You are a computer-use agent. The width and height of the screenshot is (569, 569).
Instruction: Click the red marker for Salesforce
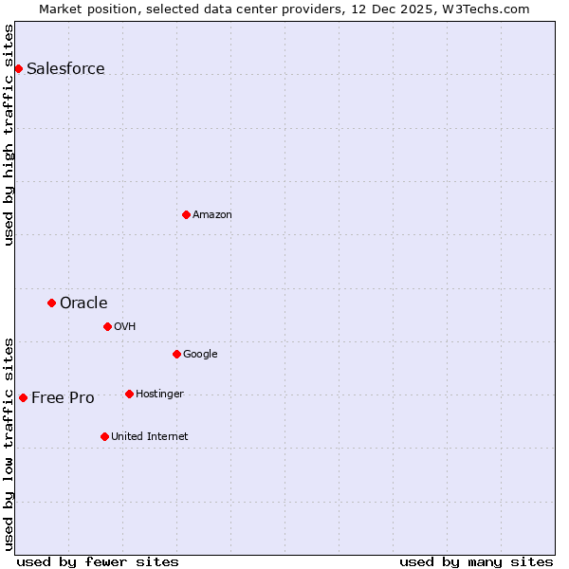point(18,68)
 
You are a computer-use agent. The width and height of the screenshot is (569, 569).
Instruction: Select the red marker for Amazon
point(186,214)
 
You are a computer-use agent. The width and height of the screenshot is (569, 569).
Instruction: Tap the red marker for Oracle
point(52,303)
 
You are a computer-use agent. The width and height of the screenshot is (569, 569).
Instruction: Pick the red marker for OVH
point(107,326)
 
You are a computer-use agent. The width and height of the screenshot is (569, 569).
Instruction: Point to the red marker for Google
point(176,354)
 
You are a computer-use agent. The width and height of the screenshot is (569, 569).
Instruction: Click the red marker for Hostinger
point(129,394)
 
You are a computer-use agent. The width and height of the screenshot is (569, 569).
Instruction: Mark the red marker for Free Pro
point(23,397)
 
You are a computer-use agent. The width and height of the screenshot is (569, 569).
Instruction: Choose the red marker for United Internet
point(104,436)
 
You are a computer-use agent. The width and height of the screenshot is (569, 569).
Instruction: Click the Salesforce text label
point(65,68)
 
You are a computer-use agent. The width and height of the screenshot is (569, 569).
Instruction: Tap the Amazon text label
point(212,215)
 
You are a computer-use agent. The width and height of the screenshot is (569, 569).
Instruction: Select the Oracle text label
point(83,303)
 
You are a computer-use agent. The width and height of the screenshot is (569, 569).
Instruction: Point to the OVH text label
point(125,327)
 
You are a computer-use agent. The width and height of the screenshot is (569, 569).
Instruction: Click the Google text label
point(200,355)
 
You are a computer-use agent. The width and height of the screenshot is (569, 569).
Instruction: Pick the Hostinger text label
point(159,395)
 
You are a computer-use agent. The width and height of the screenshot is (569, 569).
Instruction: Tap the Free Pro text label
point(63,398)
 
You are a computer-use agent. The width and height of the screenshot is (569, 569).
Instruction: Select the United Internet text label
point(149,437)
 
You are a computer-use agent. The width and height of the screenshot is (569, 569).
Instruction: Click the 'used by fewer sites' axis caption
point(98,561)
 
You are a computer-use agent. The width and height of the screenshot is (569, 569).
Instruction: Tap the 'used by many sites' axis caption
point(476,561)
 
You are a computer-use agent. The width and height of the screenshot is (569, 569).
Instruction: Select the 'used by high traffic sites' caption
point(9,135)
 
